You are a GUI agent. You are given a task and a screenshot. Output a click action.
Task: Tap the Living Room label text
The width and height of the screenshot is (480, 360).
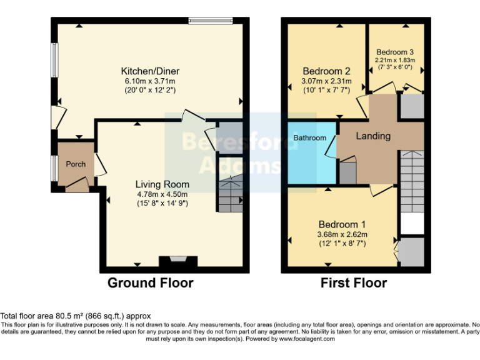click(162, 184)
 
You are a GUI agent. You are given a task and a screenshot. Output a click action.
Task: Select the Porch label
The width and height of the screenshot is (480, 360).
click(76, 164)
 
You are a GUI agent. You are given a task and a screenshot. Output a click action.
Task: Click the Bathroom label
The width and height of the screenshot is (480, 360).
click(311, 137)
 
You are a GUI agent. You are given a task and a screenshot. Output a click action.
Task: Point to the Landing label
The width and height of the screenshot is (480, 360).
click(373, 136)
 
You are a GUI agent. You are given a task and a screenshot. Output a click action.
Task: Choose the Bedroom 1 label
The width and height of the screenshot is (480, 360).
click(342, 224)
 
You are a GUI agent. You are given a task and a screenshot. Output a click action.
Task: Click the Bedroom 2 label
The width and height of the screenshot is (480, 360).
click(326, 71)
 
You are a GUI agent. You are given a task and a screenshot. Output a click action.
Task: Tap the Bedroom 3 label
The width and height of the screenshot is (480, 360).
click(395, 52)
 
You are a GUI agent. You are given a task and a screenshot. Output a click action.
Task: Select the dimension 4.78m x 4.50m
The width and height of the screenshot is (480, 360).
click(162, 194)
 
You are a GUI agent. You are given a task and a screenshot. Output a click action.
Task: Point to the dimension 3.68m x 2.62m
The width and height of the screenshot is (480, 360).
click(342, 234)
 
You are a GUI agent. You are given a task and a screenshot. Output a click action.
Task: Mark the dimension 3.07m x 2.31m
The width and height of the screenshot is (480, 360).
click(326, 81)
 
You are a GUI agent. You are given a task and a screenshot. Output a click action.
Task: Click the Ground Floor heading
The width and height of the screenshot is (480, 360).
click(151, 283)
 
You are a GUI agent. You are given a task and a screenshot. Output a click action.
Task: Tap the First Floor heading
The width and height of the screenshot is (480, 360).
click(354, 283)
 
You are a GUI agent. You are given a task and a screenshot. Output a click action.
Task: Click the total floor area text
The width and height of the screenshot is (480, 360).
click(76, 316)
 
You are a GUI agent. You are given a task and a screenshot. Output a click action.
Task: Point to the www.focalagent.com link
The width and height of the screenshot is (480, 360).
click(304, 339)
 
